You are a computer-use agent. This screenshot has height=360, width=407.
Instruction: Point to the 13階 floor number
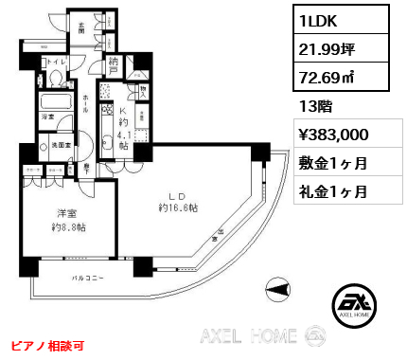click(x=310, y=106)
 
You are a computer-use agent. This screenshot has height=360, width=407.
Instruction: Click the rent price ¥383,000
click(x=338, y=135)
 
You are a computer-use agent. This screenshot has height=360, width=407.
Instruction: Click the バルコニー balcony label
click(x=87, y=278)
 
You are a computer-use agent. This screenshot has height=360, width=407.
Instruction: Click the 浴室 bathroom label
click(x=45, y=117)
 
